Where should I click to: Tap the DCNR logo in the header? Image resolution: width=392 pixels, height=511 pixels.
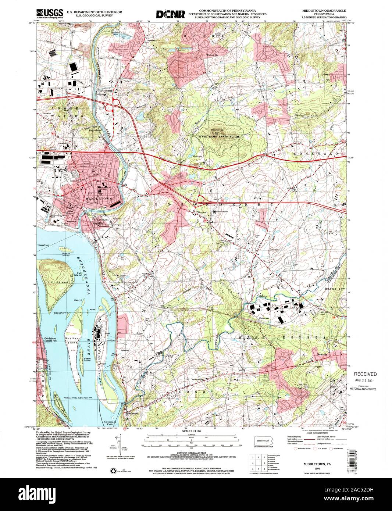tap(170, 14)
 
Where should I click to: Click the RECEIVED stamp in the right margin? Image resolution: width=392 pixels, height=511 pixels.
tap(366, 374)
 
